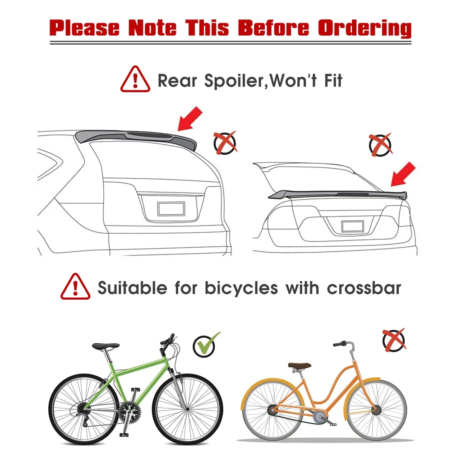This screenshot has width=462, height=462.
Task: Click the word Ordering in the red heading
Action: coord(365,28)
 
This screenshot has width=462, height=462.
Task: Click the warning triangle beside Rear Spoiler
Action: coord(135,80)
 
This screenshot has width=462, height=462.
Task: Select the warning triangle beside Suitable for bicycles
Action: coord(75,287)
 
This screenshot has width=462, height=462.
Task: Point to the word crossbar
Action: coord(364,288)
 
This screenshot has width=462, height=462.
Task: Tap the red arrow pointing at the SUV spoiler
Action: coord(190,118)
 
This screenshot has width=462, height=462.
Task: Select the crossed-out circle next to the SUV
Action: coord(225,143)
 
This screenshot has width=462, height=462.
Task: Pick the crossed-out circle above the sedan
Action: coord(380,145)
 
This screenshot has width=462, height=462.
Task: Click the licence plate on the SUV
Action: coord(171,208)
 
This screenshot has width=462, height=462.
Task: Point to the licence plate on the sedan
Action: coord(352,226)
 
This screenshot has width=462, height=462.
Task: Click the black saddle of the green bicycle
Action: coord(106,346)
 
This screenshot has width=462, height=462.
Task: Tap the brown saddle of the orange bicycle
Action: coord(300,365)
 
